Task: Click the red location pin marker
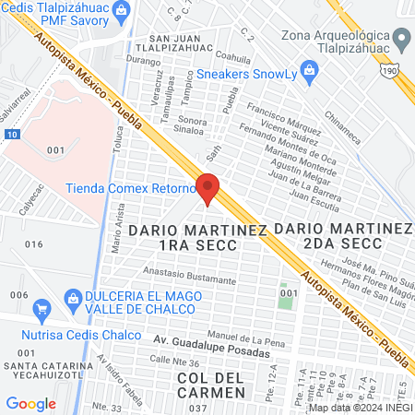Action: pos(208,187)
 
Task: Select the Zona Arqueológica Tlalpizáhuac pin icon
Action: pos(401,39)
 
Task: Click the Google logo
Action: pos(30,403)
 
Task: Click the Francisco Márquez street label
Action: pos(284,123)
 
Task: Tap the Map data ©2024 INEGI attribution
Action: pos(359,407)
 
